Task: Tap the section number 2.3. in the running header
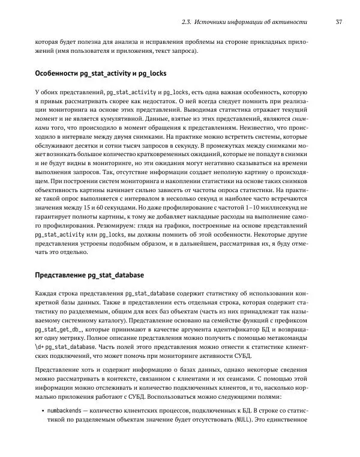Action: pos(186,23)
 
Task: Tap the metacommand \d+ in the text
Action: pos(41,364)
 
